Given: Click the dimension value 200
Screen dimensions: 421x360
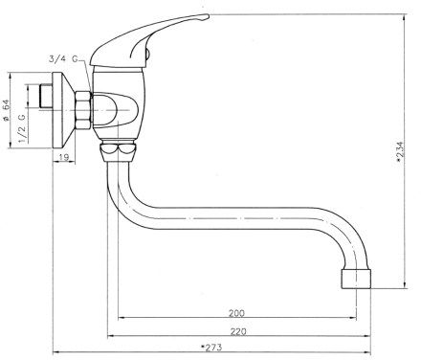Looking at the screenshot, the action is pyautogui.click(x=236, y=313).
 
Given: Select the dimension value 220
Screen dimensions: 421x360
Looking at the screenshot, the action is pyautogui.click(x=238, y=331).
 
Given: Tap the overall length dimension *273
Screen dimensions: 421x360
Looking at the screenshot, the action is pyautogui.click(x=211, y=348).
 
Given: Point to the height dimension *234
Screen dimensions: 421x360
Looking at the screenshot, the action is pyautogui.click(x=400, y=151).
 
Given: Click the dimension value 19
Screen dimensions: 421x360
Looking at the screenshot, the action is pyautogui.click(x=64, y=157).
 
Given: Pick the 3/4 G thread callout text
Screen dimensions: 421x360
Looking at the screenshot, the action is pyautogui.click(x=63, y=59).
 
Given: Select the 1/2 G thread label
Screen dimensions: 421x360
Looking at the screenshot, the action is pyautogui.click(x=22, y=128).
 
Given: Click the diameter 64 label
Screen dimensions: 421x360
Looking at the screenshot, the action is pyautogui.click(x=6, y=110).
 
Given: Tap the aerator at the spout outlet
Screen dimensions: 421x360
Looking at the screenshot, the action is pyautogui.click(x=356, y=279).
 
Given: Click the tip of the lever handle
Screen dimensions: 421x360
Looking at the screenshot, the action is pyautogui.click(x=209, y=15).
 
